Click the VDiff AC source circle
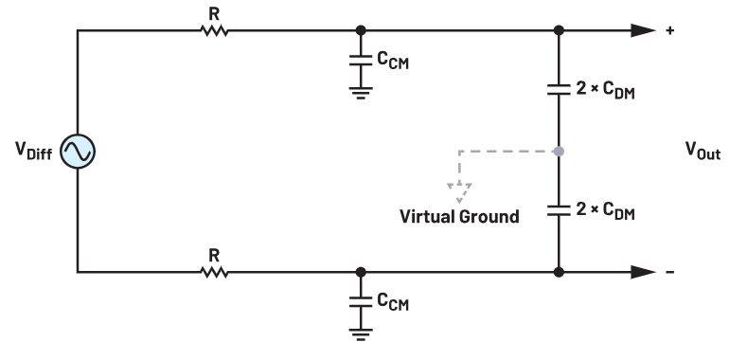pos(78,152)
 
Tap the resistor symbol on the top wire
pos(214,30)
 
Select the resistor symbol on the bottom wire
pos(214,272)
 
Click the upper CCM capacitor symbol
pos(361,60)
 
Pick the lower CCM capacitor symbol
pos(361,302)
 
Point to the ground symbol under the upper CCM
pos(361,93)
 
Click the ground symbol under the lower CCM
pos(361,334)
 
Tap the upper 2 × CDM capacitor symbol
pos(559,89)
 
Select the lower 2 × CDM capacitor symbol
pos(559,210)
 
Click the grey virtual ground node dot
pos(559,152)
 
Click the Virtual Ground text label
pos(459,217)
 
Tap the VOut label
pos(703,151)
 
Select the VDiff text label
pos(33,151)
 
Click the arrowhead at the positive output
pos(643,30)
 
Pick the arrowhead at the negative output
pos(643,272)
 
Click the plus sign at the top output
pos(670,30)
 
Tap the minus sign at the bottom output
pos(670,272)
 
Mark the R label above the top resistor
pos(214,14)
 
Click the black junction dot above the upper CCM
pos(361,30)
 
